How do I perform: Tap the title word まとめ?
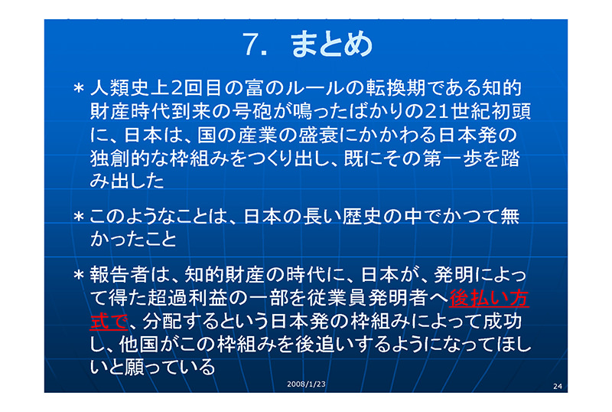[331, 44]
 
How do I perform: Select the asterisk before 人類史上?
[79, 88]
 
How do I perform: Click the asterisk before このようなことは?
[79, 216]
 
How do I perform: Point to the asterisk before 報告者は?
[79, 275]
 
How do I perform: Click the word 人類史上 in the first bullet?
[130, 87]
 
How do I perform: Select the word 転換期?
[396, 87]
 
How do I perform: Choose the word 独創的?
[120, 158]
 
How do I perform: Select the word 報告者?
[120, 274]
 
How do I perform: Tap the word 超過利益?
[188, 298]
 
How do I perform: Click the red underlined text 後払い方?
[489, 298]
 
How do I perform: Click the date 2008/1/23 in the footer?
[306, 384]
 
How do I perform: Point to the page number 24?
[558, 386]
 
